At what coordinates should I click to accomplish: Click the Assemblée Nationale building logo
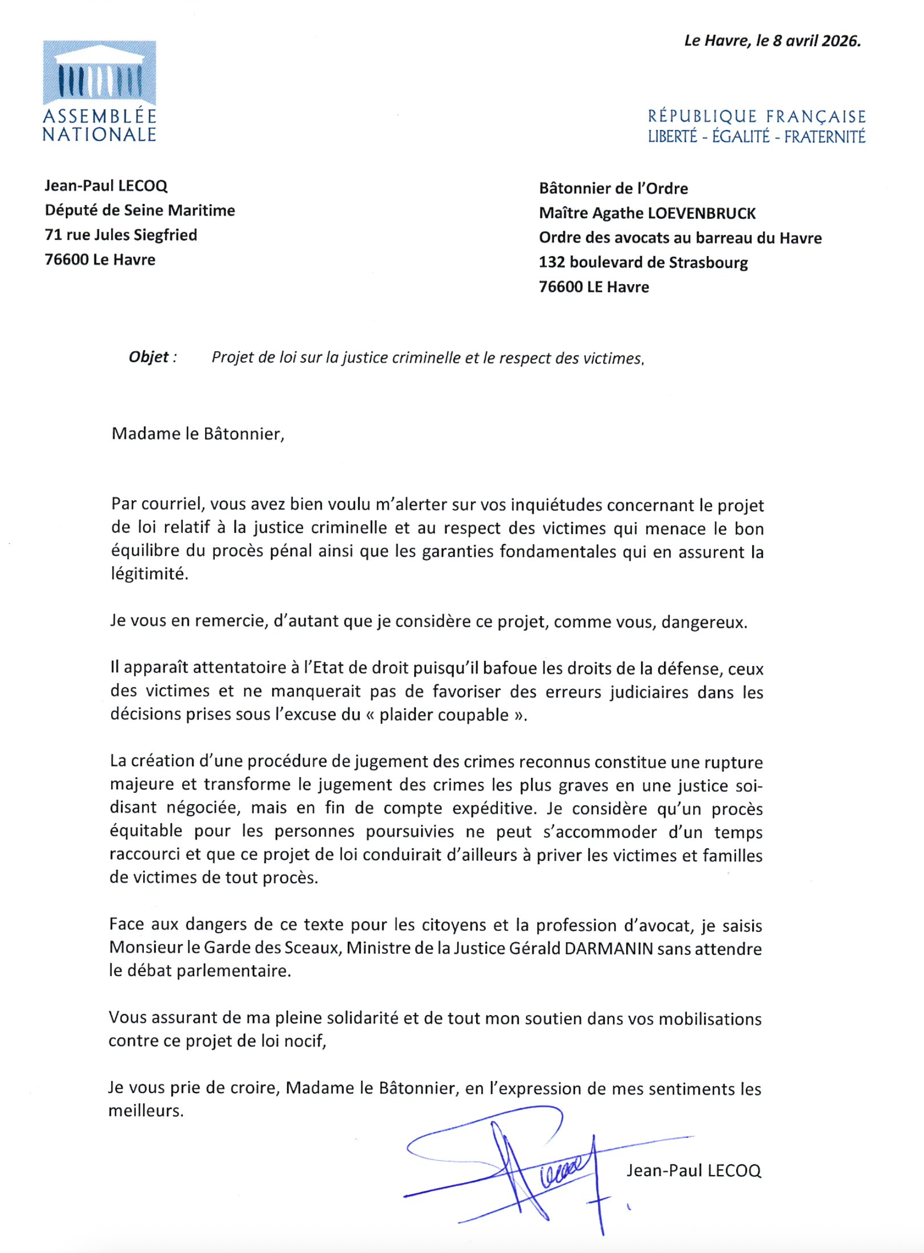click(100, 73)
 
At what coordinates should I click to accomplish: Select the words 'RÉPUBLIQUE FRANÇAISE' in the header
click(756, 116)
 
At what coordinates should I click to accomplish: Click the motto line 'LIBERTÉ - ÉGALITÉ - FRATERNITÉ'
click(756, 137)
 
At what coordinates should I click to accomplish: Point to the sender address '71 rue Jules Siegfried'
click(121, 235)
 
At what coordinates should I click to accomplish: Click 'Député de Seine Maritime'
click(140, 210)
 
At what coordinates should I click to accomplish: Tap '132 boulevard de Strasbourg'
click(643, 262)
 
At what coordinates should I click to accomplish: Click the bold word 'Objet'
click(149, 357)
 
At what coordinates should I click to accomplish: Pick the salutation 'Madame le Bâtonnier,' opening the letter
click(198, 434)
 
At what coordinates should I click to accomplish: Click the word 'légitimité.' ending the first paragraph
click(150, 574)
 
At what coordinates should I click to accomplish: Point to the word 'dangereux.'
click(704, 622)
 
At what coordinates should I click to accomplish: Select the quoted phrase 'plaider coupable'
click(444, 715)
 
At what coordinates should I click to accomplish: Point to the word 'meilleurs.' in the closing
click(146, 1111)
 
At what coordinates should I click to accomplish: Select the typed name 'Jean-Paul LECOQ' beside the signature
click(694, 1171)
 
